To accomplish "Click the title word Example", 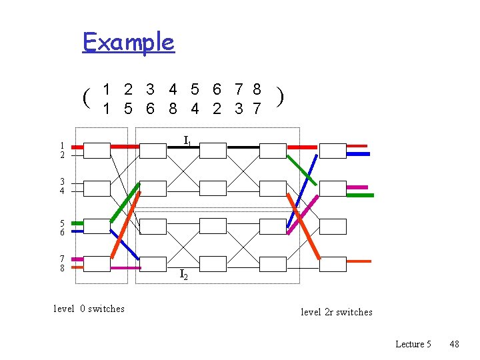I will pos(128,43).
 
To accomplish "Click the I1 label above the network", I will pos(188,141).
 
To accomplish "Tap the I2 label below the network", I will pos(183,274).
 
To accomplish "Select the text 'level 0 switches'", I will pos(89,309).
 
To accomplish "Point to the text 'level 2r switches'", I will pos(337,312).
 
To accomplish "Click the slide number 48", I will pos(454,344).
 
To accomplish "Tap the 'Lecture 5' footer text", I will pos(413,344).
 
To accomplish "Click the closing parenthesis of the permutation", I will pos(282,97).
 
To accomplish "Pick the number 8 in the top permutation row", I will pos(257,89).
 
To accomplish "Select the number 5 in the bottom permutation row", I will pos(129,108).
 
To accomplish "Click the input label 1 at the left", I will pos(61,145).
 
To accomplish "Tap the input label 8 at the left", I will pos(61,268).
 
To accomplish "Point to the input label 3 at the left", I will pos(61,182).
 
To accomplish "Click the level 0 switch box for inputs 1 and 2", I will pos(97,150).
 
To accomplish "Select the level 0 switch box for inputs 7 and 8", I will pos(97,264).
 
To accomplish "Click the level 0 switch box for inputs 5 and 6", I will pos(97,226).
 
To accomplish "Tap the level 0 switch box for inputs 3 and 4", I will pos(97,188).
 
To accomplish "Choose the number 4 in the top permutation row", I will pos(173,89).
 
